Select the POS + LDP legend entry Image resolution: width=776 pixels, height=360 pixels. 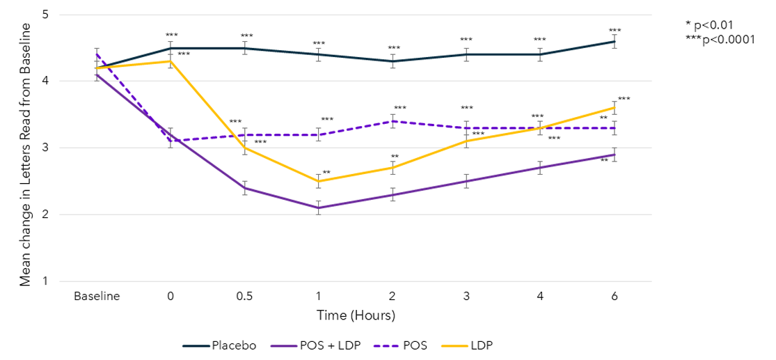point(316,345)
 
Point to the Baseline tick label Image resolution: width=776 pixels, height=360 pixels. point(97,295)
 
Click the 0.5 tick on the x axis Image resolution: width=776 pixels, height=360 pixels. point(244,295)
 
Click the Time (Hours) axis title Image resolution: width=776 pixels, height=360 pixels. point(356,315)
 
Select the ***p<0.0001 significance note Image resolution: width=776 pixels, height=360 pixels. point(720,39)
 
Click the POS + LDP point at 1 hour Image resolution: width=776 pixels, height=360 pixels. point(319,208)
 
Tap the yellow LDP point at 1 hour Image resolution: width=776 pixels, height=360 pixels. point(319,181)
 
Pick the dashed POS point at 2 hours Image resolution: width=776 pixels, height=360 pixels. point(393,121)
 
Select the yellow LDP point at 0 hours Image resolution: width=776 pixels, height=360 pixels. point(171,61)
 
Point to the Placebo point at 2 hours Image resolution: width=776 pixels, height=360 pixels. point(393,61)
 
